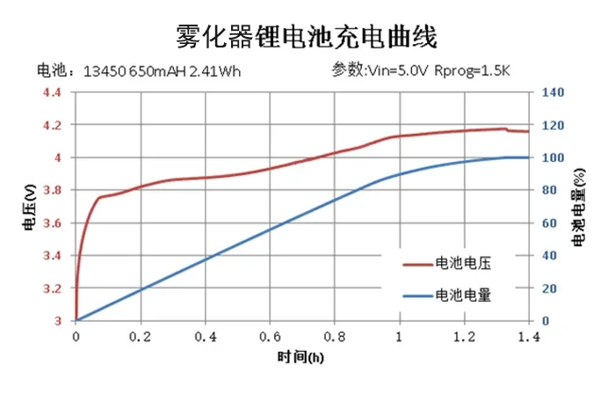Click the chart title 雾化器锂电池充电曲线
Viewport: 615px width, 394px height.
(307, 36)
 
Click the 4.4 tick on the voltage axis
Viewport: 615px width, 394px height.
(54, 92)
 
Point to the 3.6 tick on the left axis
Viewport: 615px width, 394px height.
(54, 223)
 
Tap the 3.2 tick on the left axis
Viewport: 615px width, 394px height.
(54, 288)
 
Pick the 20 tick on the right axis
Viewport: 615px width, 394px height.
(549, 288)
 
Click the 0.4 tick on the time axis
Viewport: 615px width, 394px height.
(206, 337)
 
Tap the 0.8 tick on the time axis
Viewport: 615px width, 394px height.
(335, 337)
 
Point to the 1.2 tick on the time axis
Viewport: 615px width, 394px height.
(464, 337)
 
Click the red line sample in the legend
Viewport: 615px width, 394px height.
(417, 263)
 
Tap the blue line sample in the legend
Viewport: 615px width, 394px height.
(417, 295)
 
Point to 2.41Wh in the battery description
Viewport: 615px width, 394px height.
(216, 70)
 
